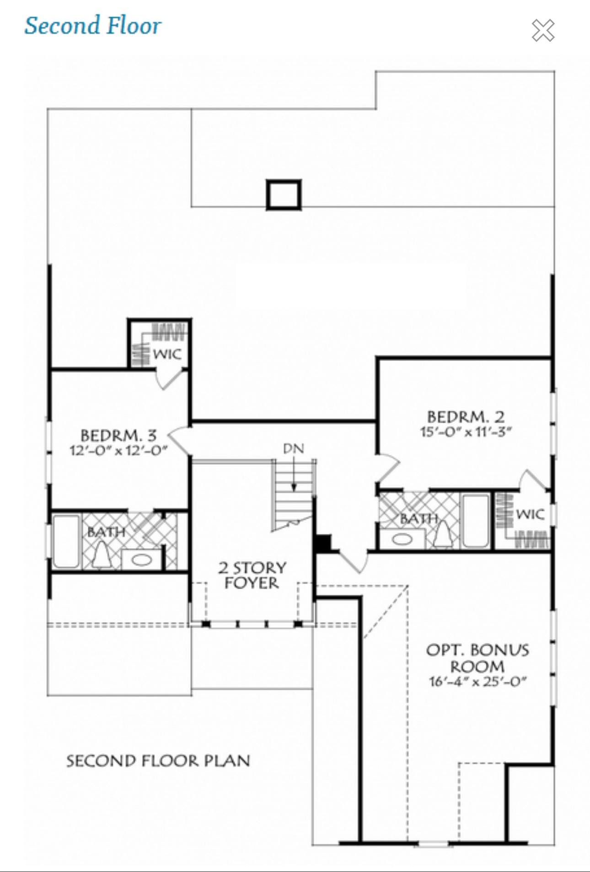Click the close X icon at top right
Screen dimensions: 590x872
[x=543, y=30]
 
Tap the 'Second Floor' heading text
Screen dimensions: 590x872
[x=93, y=26]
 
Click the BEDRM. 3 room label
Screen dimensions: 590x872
[x=118, y=435]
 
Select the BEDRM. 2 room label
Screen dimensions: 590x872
[x=466, y=417]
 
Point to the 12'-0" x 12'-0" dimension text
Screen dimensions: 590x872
[x=118, y=450]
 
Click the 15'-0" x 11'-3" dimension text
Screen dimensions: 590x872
[x=466, y=432]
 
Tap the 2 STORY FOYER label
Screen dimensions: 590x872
[x=252, y=575]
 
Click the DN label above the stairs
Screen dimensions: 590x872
[x=293, y=448]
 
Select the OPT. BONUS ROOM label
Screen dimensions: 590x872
[x=477, y=658]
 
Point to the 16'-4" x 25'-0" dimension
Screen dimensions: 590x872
[x=477, y=681]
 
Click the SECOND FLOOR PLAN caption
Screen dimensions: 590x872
[x=158, y=761]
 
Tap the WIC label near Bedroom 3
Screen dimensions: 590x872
[x=167, y=354]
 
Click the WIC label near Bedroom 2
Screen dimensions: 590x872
[x=530, y=514]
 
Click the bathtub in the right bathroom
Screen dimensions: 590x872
[x=475, y=521]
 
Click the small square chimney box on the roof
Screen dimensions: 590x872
[x=284, y=195]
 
